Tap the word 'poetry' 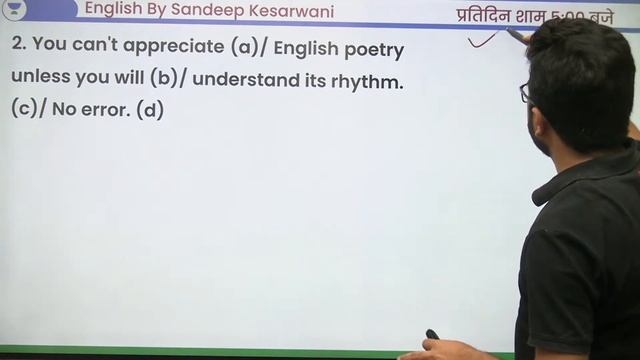tap(373, 48)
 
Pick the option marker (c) tap(24, 110)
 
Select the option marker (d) tap(150, 110)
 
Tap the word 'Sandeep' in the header tap(205, 11)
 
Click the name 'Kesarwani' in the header tap(287, 11)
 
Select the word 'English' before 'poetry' tap(306, 48)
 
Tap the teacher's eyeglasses tap(527, 93)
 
